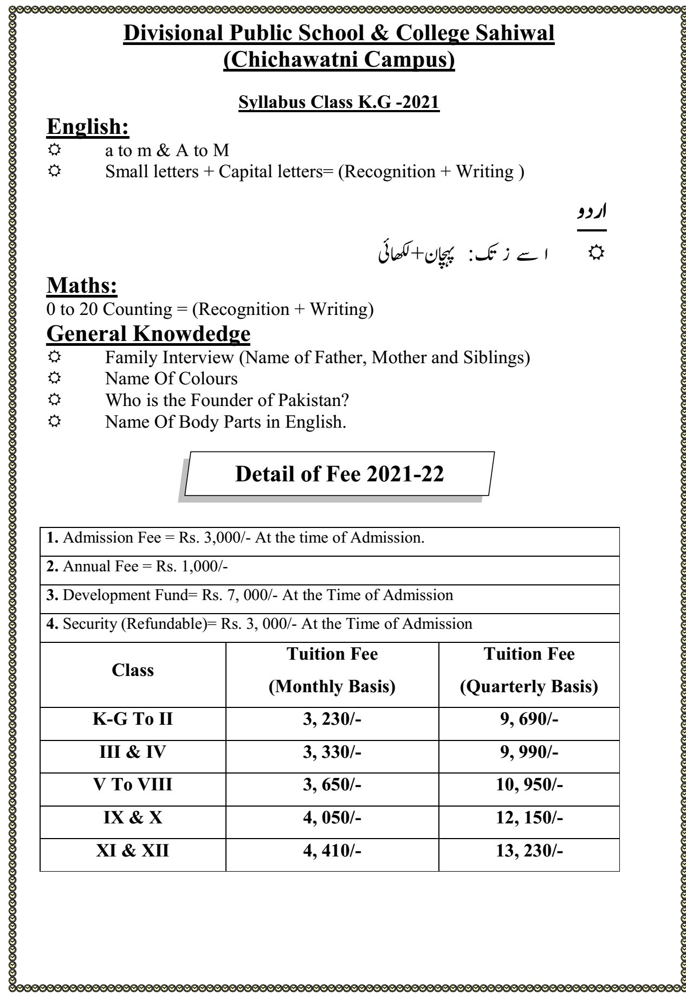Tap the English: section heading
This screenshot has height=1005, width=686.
pyautogui.click(x=88, y=126)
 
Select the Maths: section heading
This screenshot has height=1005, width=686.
pyautogui.click(x=82, y=286)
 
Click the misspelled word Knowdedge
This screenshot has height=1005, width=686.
pyautogui.click(x=191, y=334)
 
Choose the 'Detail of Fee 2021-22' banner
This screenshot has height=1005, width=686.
pyautogui.click(x=339, y=474)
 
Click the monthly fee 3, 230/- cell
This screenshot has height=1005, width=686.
pyautogui.click(x=332, y=719)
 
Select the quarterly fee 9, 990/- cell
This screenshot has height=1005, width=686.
pyautogui.click(x=529, y=752)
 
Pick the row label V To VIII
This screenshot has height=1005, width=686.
pyautogui.click(x=133, y=785)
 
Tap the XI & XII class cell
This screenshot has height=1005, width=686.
pyautogui.click(x=133, y=851)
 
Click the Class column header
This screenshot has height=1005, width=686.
pyautogui.click(x=133, y=671)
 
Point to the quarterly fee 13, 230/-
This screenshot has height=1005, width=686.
pyautogui.click(x=529, y=851)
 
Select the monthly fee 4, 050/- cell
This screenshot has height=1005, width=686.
pyautogui.click(x=332, y=817)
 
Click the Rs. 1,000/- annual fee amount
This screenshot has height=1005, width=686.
pyautogui.click(x=192, y=567)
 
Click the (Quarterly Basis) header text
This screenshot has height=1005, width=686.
pyautogui.click(x=529, y=687)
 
